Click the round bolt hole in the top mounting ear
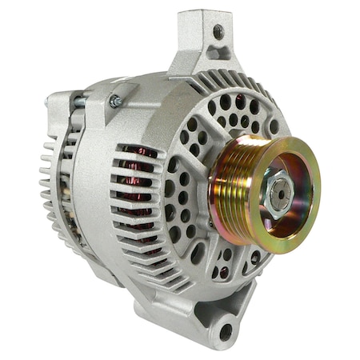click(218, 31)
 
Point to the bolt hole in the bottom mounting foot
click(226, 330)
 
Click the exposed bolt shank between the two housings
click(81, 101)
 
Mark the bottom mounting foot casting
click(216, 320)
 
